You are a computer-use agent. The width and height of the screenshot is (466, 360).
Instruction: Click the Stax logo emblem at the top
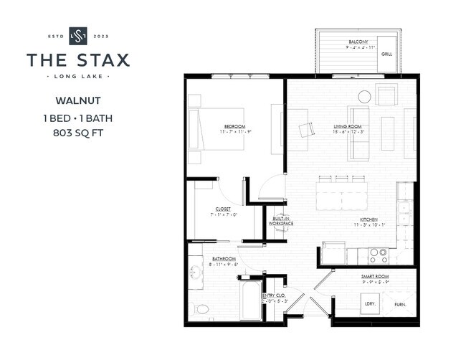77,36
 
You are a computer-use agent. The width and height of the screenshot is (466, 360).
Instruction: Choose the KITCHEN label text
368,221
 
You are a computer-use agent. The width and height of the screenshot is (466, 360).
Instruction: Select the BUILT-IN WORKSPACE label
281,222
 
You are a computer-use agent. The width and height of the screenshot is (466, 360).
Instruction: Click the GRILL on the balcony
386,54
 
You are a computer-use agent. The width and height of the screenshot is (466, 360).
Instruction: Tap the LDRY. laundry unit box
370,304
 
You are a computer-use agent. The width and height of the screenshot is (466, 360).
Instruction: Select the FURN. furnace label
399,305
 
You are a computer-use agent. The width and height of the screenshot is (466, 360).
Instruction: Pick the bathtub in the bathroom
250,301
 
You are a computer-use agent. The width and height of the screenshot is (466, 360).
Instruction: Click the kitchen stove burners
378,255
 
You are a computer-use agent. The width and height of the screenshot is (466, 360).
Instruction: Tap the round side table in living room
365,96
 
